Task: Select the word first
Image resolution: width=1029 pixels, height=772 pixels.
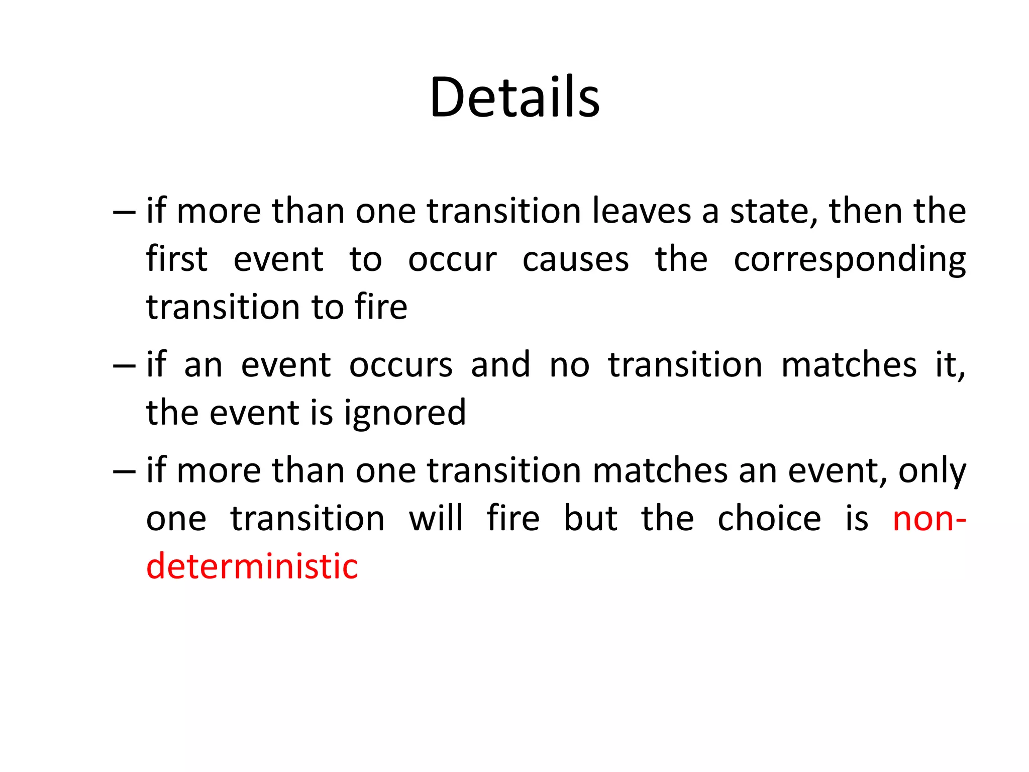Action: [x=176, y=259]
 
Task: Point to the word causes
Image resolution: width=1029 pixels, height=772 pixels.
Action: [x=575, y=259]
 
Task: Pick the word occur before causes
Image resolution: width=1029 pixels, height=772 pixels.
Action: [x=452, y=259]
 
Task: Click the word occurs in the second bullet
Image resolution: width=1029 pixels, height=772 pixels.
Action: [x=400, y=365]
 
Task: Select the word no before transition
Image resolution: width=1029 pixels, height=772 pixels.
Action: [x=569, y=365]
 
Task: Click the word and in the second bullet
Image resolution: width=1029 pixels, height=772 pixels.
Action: [x=500, y=365]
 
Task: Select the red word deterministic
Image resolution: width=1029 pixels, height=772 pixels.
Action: [x=252, y=566]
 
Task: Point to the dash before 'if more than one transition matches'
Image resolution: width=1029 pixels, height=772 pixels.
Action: [x=124, y=472]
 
